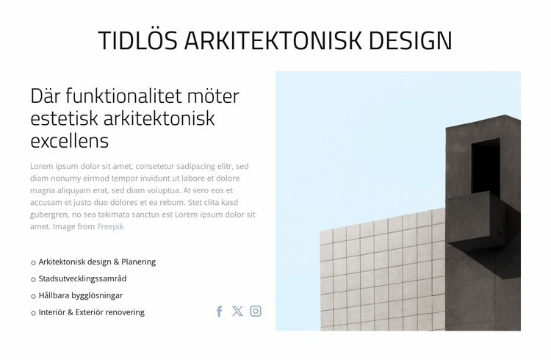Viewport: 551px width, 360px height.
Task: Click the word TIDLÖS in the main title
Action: click(137, 41)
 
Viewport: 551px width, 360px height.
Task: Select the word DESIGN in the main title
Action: click(410, 41)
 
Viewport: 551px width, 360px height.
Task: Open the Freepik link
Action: click(110, 226)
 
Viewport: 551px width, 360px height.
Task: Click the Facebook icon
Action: click(219, 312)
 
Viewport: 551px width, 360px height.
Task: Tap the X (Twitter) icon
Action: click(237, 311)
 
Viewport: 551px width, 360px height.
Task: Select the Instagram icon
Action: click(256, 311)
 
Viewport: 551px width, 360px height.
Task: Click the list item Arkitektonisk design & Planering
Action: click(97, 262)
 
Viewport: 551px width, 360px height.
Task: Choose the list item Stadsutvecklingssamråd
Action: click(82, 279)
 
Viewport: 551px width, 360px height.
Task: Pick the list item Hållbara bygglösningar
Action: click(80, 295)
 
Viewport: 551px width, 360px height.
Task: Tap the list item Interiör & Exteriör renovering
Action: click(91, 312)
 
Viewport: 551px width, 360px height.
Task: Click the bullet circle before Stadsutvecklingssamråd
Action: click(33, 280)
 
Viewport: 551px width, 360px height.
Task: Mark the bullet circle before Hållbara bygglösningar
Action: click(33, 296)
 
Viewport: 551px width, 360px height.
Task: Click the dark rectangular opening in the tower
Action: click(484, 167)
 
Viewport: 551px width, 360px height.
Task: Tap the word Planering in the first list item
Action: click(139, 262)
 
